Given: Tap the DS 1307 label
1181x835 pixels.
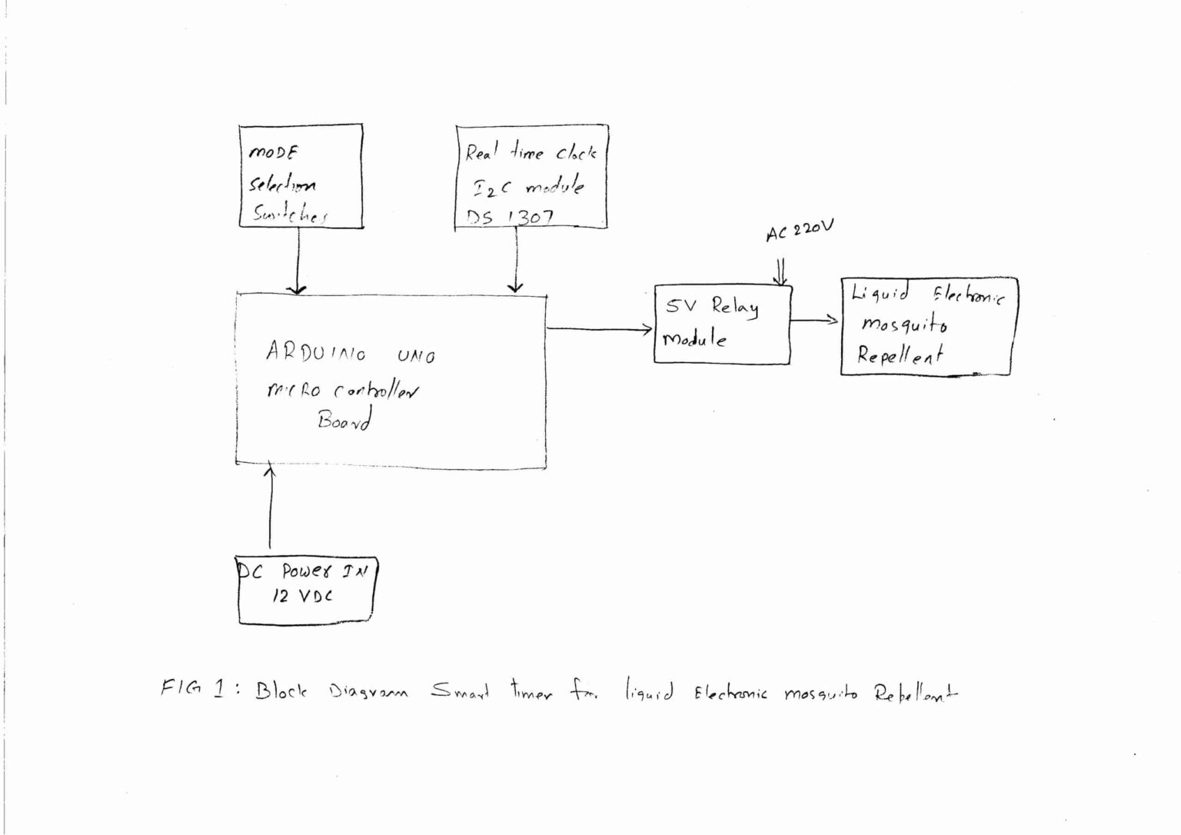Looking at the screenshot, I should pos(509,217).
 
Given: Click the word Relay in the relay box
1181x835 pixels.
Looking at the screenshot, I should pos(734,308).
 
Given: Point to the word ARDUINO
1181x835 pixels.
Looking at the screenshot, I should pos(316,353).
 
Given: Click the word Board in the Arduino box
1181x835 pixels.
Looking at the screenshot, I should pos(344,420).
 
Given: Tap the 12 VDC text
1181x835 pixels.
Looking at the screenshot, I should pos(302,595).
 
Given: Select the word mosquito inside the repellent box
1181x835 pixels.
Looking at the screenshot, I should pos(904,324).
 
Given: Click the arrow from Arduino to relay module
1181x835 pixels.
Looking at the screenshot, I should pos(600,329).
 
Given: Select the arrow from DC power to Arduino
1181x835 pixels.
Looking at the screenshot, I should pos(270,507).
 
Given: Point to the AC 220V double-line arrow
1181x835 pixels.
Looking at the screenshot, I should pos(781,271).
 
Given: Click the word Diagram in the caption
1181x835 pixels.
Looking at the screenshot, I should pos(368,691).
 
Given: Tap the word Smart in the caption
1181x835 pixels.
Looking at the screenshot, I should pos(460,691).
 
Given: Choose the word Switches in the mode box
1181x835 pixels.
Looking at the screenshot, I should pos(290,215).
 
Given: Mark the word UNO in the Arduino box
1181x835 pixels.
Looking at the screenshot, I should pos(416,356).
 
